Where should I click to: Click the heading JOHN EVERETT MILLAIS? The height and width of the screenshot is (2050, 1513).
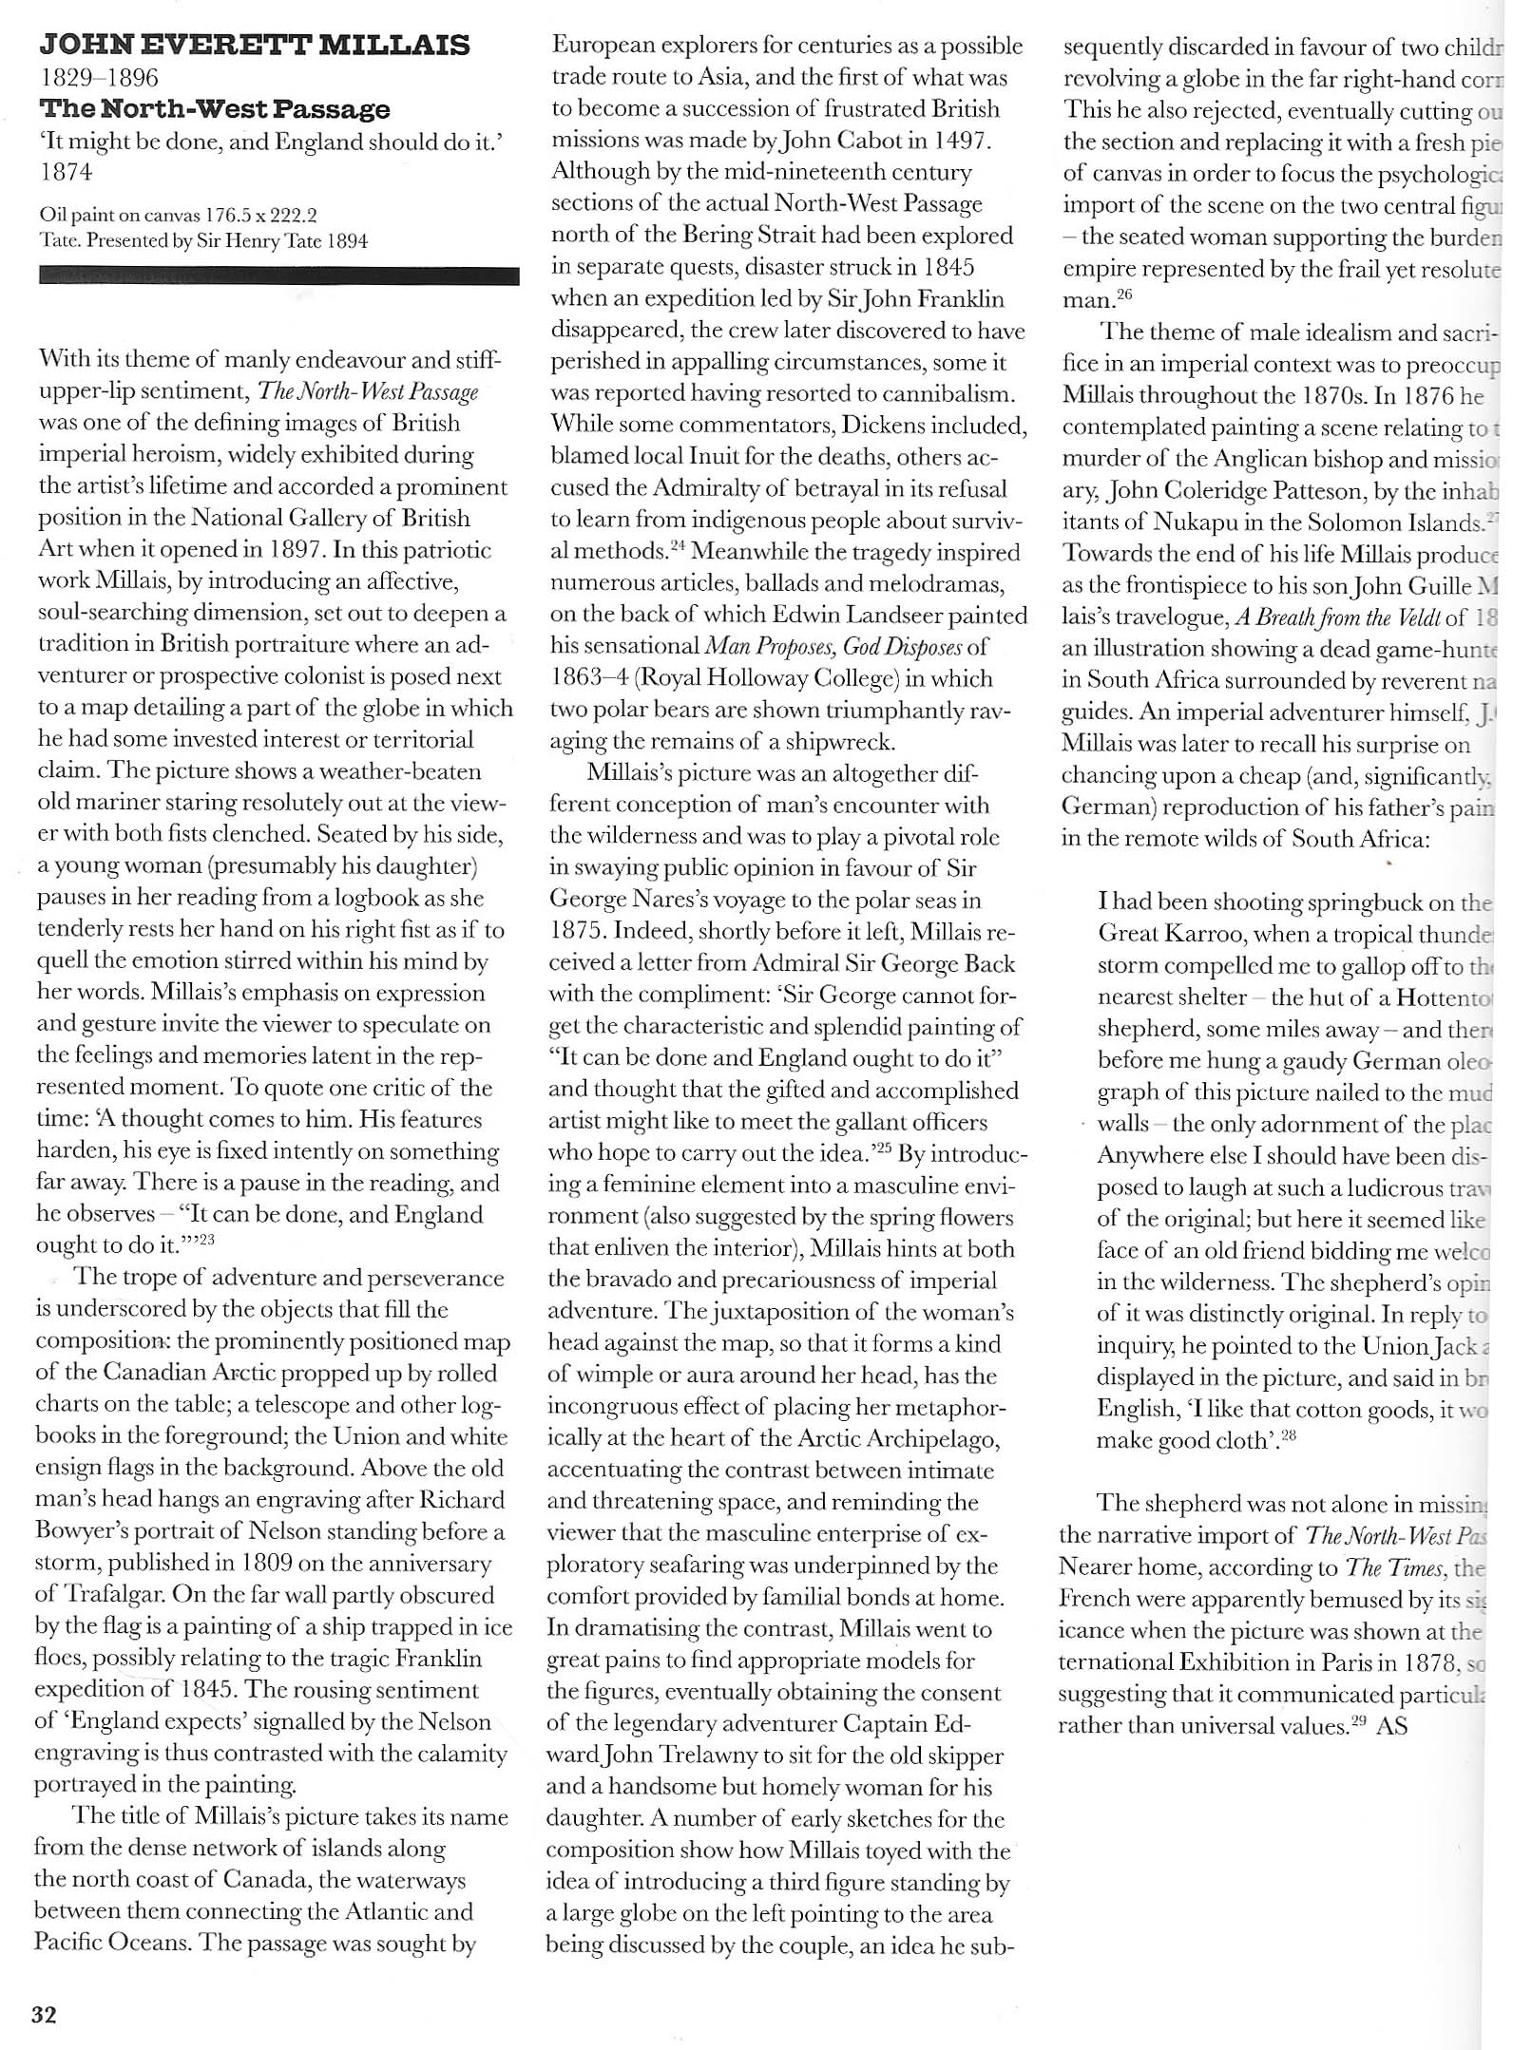[x=254, y=45]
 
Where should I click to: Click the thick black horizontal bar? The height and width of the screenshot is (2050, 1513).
[x=278, y=276]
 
